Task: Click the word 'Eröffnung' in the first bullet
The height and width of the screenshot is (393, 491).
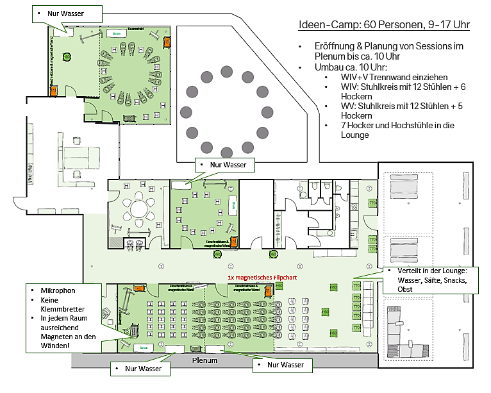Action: [x=333, y=47]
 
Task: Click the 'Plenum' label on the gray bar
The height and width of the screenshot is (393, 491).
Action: [x=204, y=360]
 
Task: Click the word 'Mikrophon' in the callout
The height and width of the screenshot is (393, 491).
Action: [x=58, y=290]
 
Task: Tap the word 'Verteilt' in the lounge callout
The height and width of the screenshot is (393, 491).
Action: [x=403, y=271]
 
